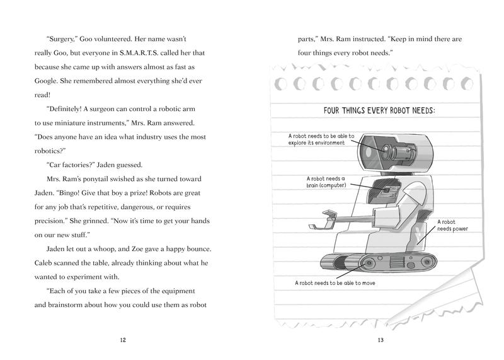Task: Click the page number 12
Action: [123, 340]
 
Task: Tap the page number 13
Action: [381, 340]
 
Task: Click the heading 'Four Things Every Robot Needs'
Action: [379, 111]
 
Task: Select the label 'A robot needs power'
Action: [452, 225]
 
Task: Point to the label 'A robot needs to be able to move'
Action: [335, 283]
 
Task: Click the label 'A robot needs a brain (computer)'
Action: [326, 182]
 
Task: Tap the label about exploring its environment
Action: [321, 139]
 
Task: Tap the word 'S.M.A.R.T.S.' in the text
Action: [139, 53]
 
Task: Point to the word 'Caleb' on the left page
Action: [43, 263]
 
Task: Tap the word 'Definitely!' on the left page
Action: [64, 109]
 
